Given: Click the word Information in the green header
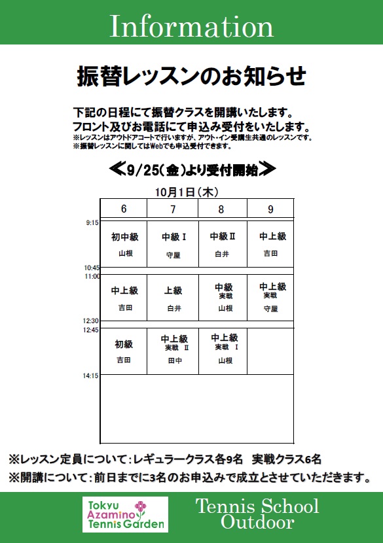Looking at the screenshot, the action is (191, 27).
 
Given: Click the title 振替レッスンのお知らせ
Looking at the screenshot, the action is (191, 77).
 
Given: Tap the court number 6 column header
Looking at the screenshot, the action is (123, 209).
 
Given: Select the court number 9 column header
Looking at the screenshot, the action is (270, 209).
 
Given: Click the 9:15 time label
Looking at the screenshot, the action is (92, 223).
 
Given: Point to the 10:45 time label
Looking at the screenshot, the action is (92, 268).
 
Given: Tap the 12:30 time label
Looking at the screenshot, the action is (92, 321).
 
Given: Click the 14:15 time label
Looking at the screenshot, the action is (92, 376).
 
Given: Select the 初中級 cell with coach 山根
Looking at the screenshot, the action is (123, 244).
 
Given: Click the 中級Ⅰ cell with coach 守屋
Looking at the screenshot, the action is (173, 244).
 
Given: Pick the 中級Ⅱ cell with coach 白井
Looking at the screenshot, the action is (223, 244).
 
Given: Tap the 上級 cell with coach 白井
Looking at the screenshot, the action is (173, 298).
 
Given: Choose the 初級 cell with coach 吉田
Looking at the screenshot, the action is (123, 351).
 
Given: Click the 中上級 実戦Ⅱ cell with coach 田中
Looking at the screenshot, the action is (173, 351).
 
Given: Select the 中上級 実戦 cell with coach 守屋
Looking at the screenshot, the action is (270, 298).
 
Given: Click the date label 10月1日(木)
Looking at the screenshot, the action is (187, 192).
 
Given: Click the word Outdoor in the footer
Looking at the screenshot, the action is (257, 522).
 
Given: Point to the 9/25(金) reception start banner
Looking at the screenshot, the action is (192, 170).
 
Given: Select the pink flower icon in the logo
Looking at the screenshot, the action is (157, 507).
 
